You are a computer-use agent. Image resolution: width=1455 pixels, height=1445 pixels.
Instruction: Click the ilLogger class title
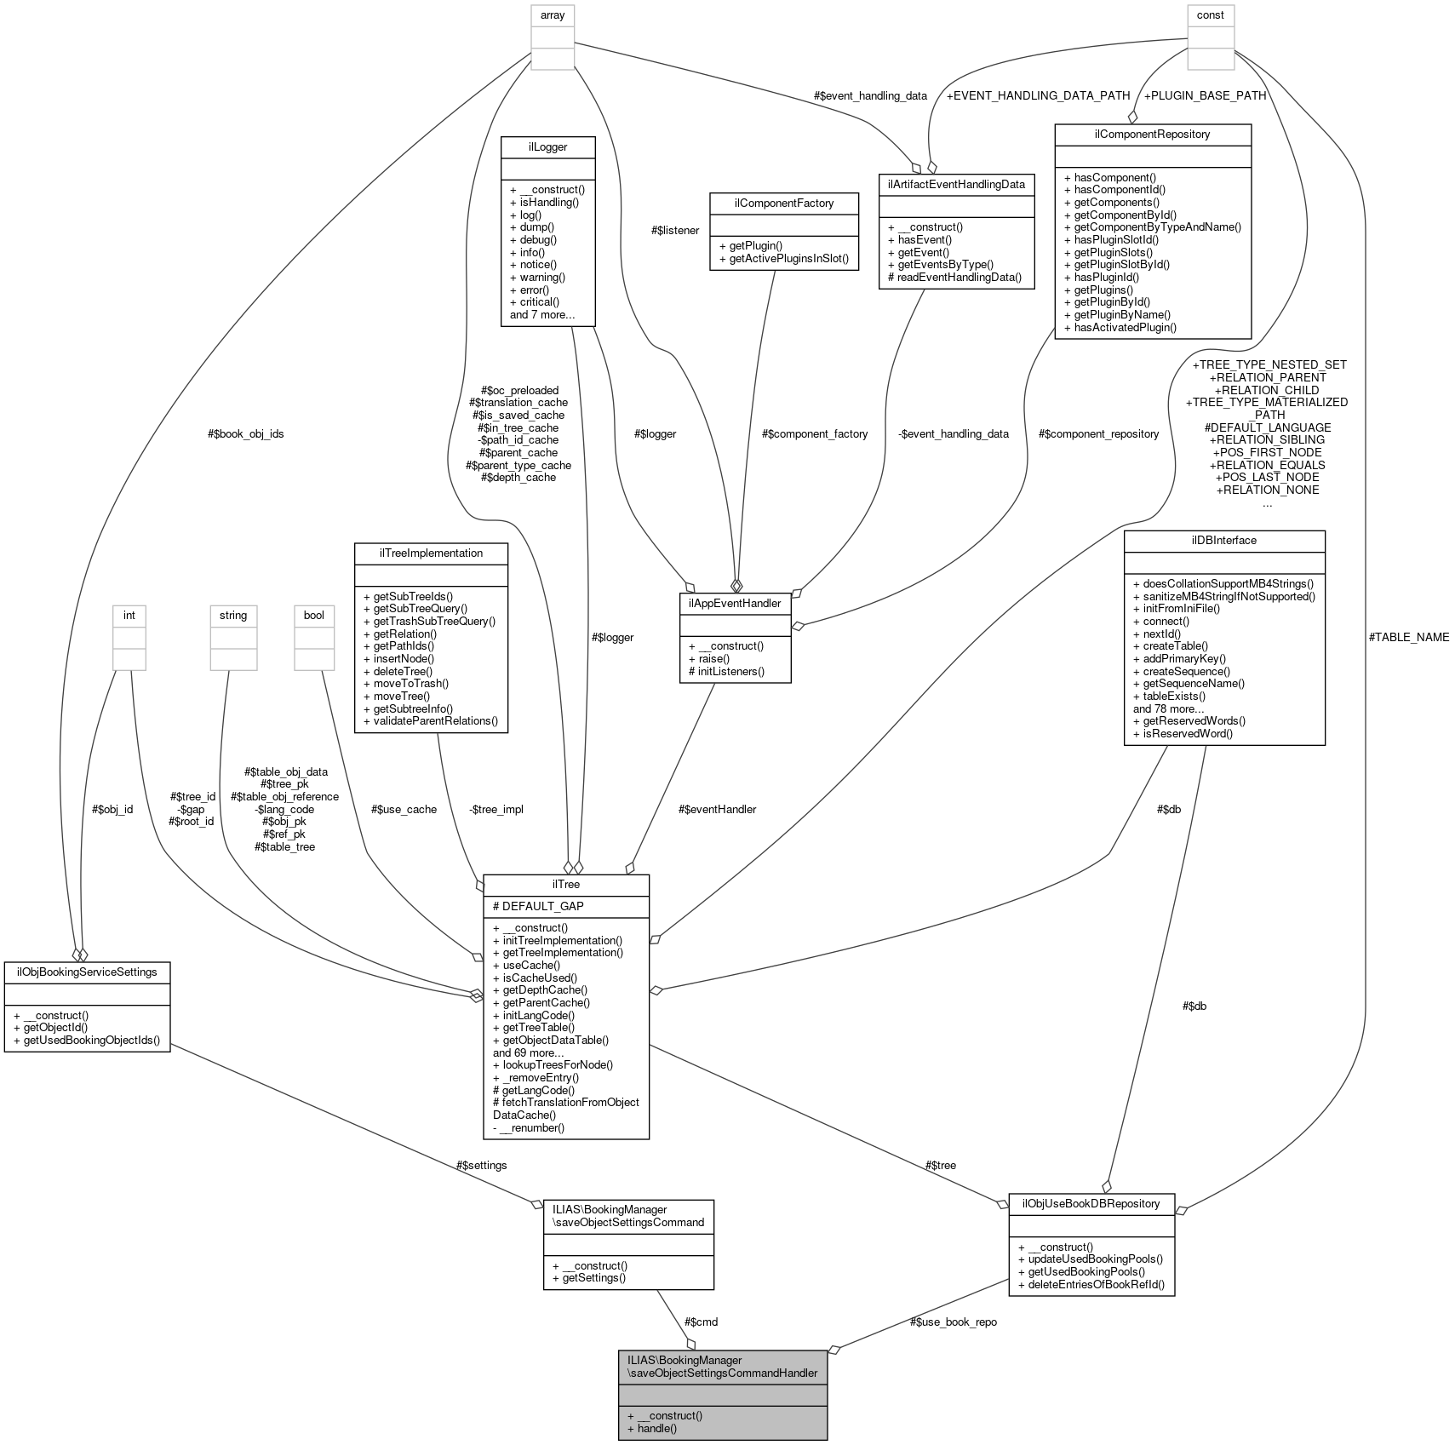point(547,146)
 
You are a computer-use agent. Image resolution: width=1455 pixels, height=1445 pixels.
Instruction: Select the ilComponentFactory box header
point(784,203)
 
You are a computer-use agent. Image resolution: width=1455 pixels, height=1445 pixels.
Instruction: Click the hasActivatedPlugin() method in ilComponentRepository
point(1125,327)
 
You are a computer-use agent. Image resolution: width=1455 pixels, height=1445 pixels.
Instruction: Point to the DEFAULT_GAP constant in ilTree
point(542,906)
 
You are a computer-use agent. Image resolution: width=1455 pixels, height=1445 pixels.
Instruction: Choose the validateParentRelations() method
point(436,720)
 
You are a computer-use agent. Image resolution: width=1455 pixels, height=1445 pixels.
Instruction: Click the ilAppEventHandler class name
point(735,603)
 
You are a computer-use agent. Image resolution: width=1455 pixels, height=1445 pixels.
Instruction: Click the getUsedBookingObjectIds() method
point(92,1041)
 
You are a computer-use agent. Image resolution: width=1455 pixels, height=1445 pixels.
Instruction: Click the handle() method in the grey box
point(656,1428)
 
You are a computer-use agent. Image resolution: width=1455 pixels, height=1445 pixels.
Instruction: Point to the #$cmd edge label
point(701,1322)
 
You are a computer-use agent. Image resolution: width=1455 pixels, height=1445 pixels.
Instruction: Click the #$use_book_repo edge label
point(953,1322)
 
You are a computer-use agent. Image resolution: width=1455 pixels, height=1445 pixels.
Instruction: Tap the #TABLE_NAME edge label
point(1408,637)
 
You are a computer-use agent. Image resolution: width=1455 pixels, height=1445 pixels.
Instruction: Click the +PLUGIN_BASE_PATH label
point(1204,95)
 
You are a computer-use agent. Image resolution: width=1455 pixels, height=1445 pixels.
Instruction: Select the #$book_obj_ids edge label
point(245,433)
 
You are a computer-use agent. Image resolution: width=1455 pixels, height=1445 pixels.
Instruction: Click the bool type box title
point(314,615)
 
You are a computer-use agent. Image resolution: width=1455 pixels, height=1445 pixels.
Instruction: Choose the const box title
point(1210,14)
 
